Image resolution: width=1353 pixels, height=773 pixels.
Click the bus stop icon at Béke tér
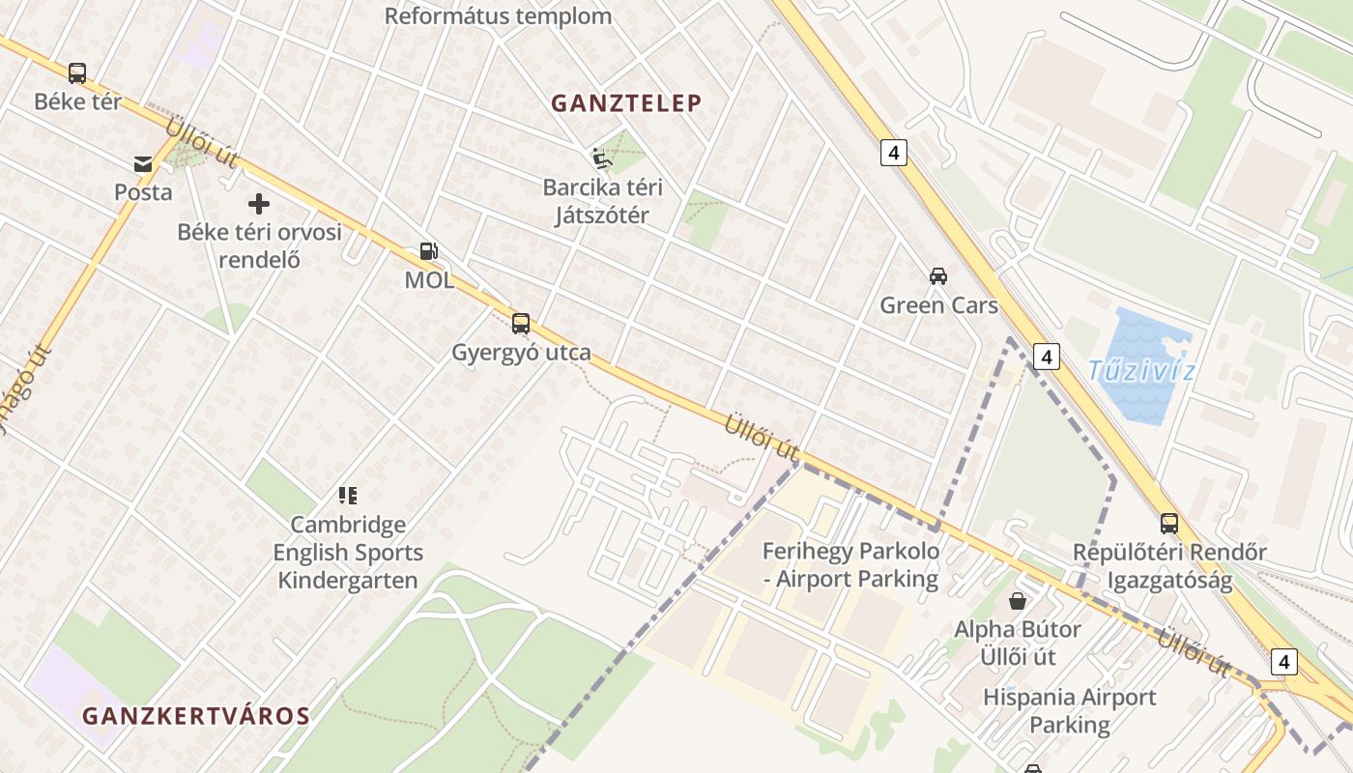[x=77, y=72]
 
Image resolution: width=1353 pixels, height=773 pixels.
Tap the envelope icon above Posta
[x=143, y=164]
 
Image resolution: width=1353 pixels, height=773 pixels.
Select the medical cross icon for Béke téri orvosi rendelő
[x=258, y=204]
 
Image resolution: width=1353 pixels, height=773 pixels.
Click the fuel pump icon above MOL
[x=428, y=251]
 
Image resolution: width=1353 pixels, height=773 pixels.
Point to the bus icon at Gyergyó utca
[x=521, y=324]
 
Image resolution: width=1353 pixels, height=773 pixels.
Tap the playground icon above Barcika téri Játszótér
[x=601, y=157]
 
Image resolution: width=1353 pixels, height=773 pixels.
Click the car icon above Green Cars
[x=937, y=276]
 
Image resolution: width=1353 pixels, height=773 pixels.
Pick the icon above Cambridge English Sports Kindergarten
[x=348, y=496]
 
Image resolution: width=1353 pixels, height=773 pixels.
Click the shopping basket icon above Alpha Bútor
[x=1018, y=601]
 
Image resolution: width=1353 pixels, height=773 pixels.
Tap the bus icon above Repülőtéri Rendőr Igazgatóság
[x=1169, y=524]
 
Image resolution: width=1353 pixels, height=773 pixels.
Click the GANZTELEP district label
[x=626, y=103]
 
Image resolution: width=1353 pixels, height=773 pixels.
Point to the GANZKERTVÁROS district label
[x=196, y=716]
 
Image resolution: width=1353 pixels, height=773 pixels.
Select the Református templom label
[x=498, y=16]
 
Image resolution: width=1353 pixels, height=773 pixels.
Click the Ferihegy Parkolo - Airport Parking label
[x=850, y=565]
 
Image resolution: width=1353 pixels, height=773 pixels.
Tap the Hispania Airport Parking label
[x=1070, y=710]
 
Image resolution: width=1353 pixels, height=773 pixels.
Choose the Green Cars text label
[x=938, y=305]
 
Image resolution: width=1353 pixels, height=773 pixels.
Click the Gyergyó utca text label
[x=521, y=353]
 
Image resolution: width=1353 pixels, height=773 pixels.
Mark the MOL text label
[x=429, y=280]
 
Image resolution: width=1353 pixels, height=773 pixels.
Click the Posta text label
[x=143, y=192]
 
